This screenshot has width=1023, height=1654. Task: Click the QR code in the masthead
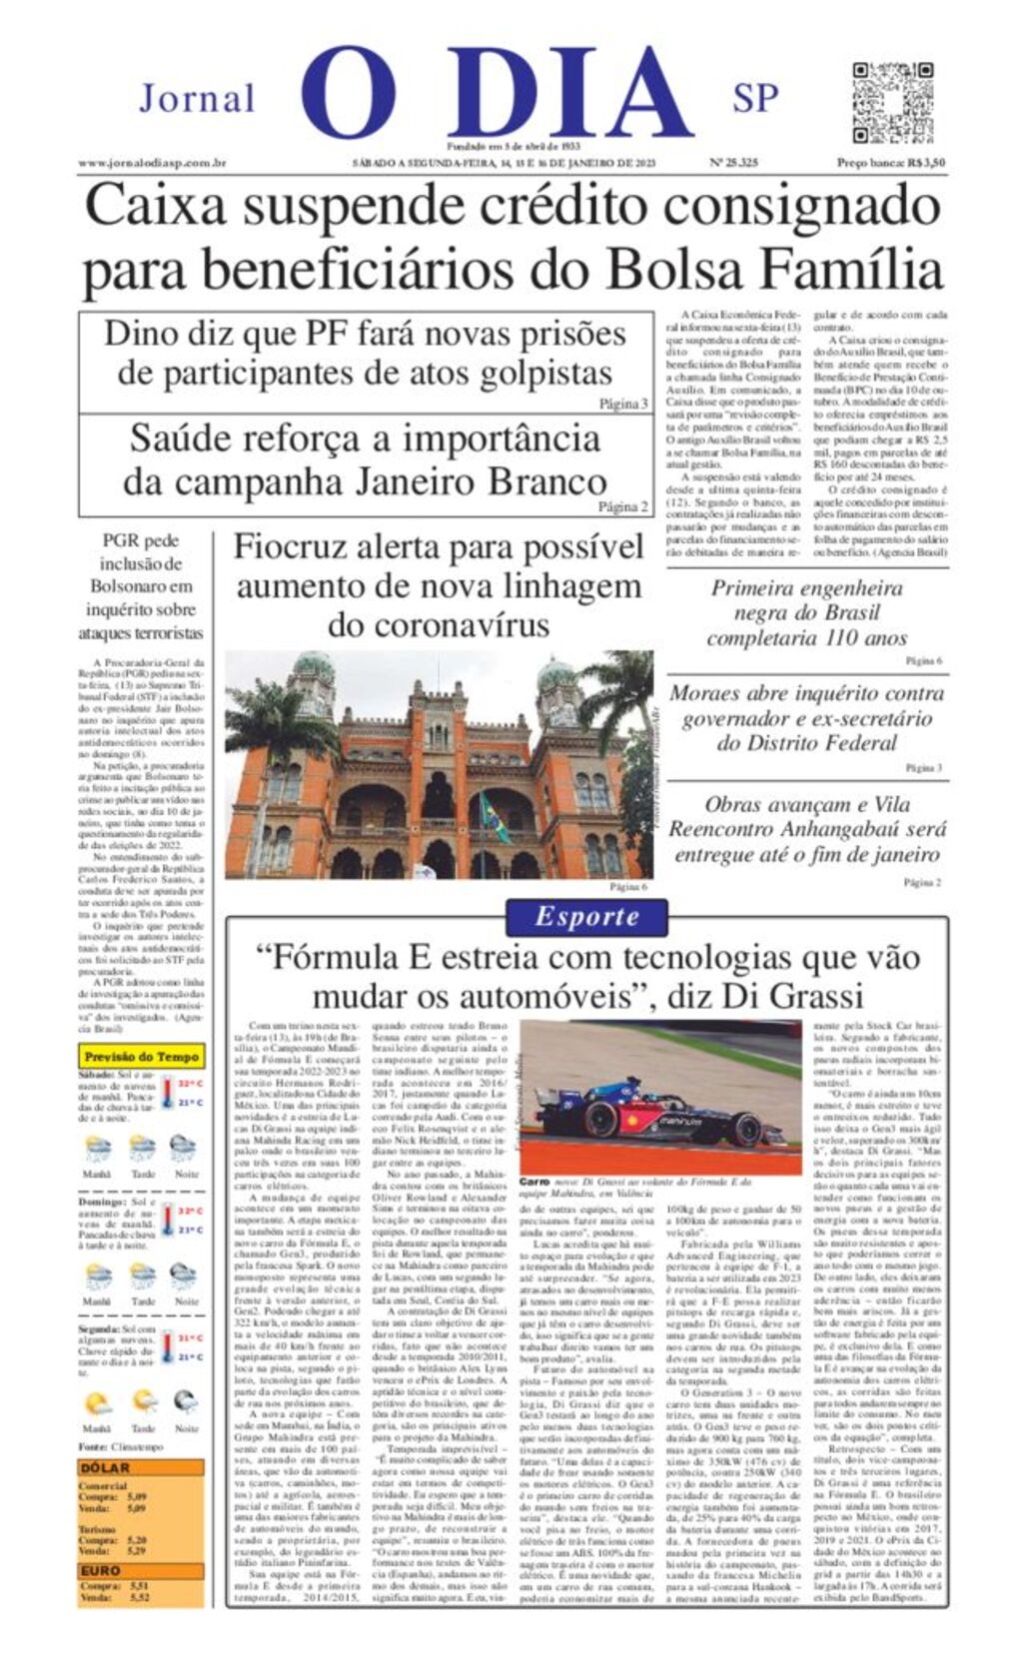[892, 103]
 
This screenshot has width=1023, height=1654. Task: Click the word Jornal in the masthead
[197, 99]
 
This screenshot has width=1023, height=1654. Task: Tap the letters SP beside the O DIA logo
[755, 99]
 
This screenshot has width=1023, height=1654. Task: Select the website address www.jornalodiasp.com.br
[152, 163]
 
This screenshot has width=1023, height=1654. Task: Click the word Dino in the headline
[142, 334]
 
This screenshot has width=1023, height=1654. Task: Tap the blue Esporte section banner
[586, 916]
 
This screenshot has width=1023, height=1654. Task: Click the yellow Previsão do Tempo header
[141, 1056]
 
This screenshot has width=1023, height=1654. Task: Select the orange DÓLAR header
[106, 1467]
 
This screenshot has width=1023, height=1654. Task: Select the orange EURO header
[101, 1570]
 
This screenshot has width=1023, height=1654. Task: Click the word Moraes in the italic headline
[708, 693]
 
